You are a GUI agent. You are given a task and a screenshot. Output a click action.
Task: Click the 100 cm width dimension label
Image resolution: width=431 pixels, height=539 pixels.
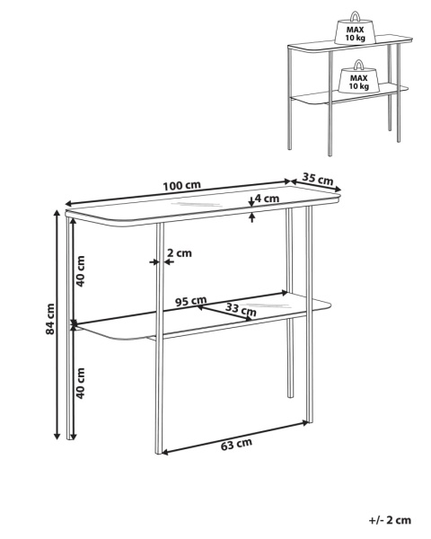(x=181, y=185)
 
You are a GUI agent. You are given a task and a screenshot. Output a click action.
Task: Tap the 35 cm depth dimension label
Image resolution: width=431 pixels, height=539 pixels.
(x=318, y=179)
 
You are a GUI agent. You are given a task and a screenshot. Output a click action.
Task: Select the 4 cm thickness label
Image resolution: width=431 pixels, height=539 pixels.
(x=267, y=199)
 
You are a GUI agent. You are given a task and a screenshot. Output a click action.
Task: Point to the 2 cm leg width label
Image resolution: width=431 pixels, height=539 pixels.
(x=180, y=253)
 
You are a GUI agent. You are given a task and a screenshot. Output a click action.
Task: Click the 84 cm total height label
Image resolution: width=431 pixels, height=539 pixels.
(x=50, y=319)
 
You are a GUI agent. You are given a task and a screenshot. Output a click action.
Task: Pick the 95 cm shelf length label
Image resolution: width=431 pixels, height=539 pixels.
(x=190, y=301)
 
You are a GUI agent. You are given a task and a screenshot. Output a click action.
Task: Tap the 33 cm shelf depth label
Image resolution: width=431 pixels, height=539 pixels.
(x=241, y=310)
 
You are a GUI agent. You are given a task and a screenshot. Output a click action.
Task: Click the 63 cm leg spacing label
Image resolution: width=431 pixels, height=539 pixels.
(x=236, y=444)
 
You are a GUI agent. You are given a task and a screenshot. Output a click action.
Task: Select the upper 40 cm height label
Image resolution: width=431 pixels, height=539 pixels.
(x=80, y=271)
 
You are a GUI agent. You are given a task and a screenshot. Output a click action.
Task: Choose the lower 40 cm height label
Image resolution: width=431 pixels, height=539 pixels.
(x=80, y=384)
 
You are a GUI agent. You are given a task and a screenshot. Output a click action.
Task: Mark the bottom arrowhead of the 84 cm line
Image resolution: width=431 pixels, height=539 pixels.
(x=57, y=436)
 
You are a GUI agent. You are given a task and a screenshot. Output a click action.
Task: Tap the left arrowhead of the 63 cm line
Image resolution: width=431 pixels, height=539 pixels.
(x=165, y=452)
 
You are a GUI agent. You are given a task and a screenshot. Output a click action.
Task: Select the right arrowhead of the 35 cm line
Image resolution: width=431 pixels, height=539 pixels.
(x=338, y=189)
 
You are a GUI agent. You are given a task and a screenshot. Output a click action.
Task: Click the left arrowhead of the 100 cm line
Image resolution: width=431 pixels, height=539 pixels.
(x=69, y=204)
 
